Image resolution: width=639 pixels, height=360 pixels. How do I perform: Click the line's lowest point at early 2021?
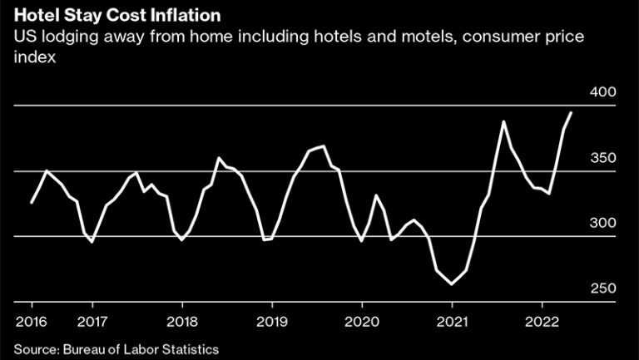pyautogui.click(x=452, y=284)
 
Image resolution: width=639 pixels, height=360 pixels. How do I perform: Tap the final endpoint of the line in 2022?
pyautogui.click(x=571, y=112)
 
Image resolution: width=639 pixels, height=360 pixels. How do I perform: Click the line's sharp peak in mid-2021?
pyautogui.click(x=503, y=121)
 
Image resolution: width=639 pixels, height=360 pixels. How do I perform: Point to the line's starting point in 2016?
pyautogui.click(x=32, y=202)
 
